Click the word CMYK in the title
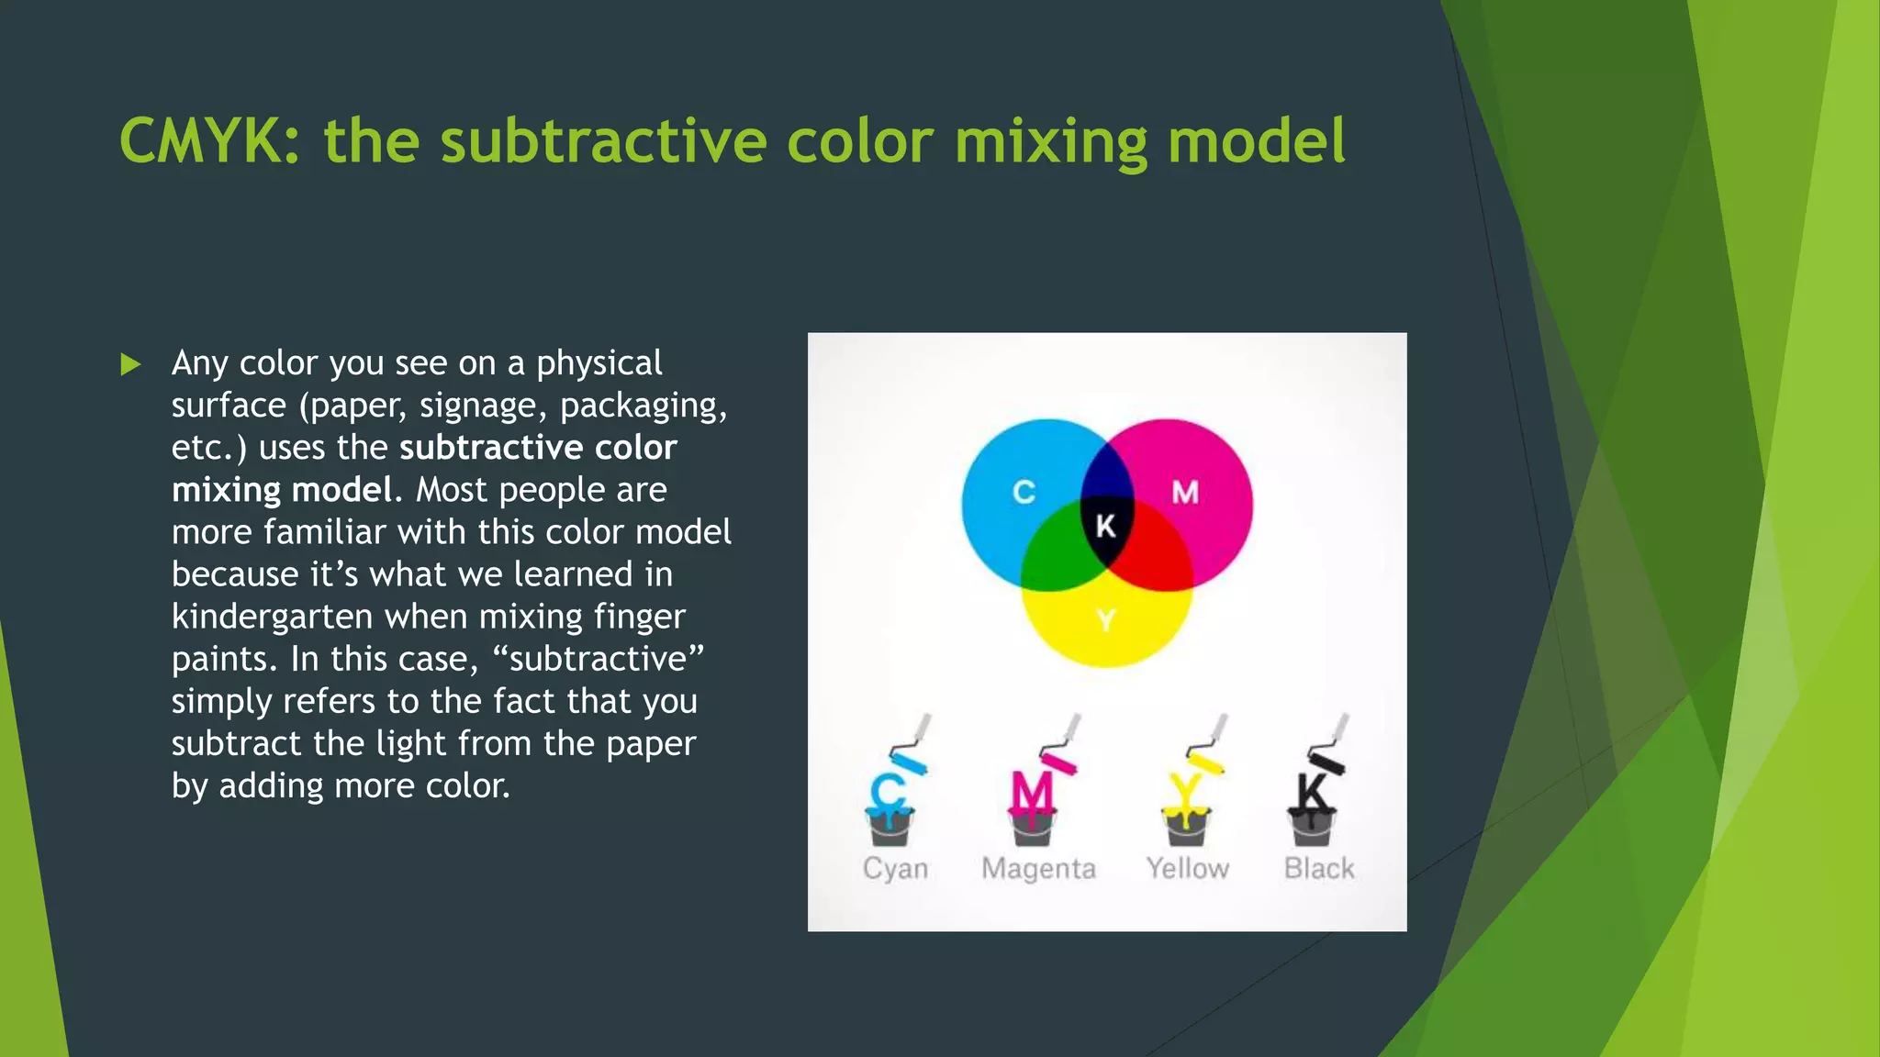tap(209, 141)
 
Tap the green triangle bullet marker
tap(130, 365)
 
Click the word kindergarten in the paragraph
tap(273, 617)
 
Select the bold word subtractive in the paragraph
tap(491, 448)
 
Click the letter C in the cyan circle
tap(1024, 493)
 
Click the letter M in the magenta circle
tap(1185, 493)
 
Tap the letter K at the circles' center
tap(1106, 526)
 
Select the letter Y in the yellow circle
tap(1106, 621)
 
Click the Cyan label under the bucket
tap(895, 869)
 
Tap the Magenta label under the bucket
tap(1038, 868)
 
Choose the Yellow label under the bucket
tap(1187, 868)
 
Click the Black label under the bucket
tap(1319, 868)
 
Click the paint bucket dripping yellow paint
tap(1186, 826)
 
